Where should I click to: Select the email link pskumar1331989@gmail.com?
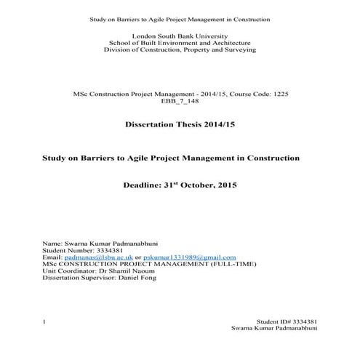(190, 257)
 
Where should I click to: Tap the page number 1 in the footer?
(45, 321)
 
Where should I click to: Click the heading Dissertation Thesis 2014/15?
(180, 126)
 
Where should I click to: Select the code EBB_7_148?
(180, 102)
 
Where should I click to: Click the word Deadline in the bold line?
(147, 186)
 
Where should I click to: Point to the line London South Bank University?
(180, 36)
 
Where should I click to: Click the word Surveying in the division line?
(236, 50)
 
